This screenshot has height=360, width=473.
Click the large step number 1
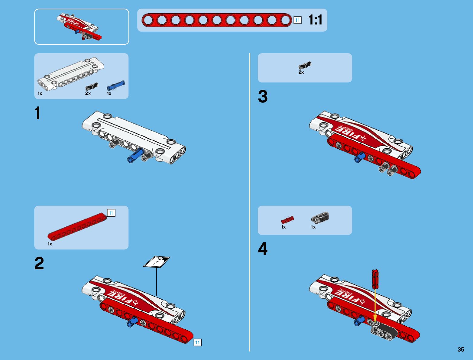[x=38, y=113]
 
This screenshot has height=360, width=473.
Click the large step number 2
[x=39, y=263]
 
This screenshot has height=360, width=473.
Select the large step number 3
[x=263, y=96]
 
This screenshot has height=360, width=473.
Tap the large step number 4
[x=263, y=248]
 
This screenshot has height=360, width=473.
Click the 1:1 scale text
[x=315, y=20]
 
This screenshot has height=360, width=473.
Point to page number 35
[x=461, y=349]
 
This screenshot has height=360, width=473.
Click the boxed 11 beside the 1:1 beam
[x=298, y=20]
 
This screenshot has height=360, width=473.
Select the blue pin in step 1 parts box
[x=116, y=86]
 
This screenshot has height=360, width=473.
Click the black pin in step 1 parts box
[x=92, y=86]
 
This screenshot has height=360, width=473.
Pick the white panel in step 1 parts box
[x=71, y=74]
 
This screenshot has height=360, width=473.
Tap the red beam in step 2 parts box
[x=77, y=227]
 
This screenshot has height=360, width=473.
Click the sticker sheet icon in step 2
[x=157, y=262]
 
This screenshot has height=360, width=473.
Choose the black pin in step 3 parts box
[x=305, y=66]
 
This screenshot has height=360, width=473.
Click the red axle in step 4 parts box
[x=287, y=220]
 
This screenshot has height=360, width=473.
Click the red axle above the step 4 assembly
[x=375, y=279]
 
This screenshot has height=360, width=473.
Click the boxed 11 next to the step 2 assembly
[x=198, y=342]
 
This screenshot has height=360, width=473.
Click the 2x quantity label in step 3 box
[x=301, y=72]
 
